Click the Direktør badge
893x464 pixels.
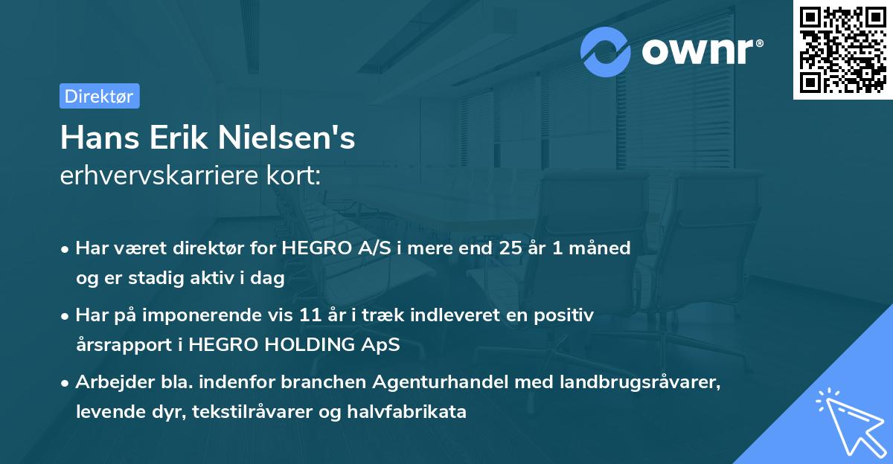[x=99, y=96]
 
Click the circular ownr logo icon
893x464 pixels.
[x=606, y=51]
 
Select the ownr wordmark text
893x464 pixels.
[x=701, y=51]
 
